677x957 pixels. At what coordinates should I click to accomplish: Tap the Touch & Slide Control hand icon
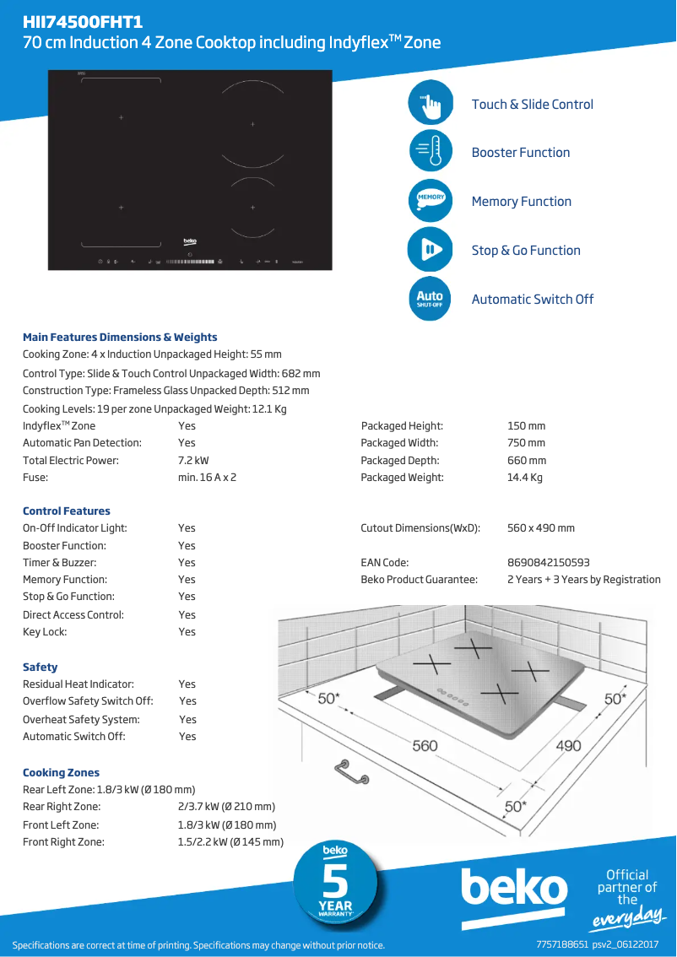[430, 104]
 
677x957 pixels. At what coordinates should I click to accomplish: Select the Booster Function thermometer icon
[430, 153]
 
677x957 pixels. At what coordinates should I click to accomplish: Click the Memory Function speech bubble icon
[430, 201]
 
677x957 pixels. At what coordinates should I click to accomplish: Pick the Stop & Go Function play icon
[430, 250]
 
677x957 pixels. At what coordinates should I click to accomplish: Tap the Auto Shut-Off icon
[430, 298]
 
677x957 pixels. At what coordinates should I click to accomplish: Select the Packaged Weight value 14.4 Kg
[524, 478]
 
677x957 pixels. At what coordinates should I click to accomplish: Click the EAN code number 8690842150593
[548, 563]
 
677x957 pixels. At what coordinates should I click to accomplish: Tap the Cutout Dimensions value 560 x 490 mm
[540, 528]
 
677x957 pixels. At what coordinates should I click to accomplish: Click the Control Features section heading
[67, 511]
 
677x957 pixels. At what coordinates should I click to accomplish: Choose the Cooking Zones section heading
[61, 773]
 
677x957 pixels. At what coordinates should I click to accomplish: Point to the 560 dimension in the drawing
[425, 745]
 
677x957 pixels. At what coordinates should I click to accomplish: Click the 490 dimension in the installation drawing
[568, 745]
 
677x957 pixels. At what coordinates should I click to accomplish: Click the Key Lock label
[45, 632]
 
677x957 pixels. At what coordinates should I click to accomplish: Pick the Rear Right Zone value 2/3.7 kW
[220, 808]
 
